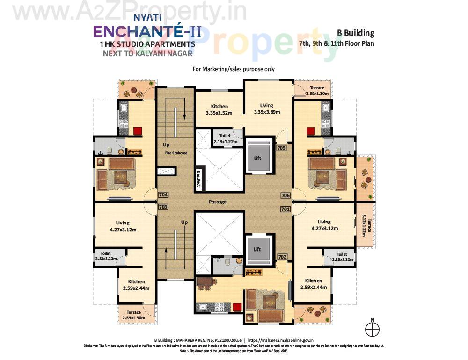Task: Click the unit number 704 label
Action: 163,195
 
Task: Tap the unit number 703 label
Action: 163,207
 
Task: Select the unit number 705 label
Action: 281,148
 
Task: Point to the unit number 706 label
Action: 285,195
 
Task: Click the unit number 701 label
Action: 285,209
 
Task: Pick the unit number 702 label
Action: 282,257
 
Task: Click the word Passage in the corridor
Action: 218,202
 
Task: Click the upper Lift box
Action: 257,158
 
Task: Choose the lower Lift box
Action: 257,249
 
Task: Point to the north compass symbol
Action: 373,329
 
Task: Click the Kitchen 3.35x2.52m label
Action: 219,109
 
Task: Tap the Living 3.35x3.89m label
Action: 267,108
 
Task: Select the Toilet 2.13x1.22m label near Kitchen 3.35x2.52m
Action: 225,138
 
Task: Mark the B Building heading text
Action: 356,33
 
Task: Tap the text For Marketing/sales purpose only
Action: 234,69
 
